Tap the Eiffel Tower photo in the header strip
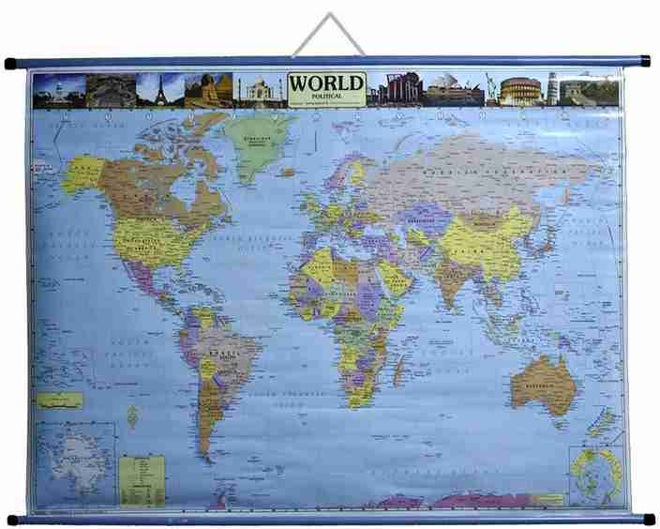click(x=159, y=90)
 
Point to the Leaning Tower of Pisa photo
click(x=552, y=89)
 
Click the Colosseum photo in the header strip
click(x=519, y=91)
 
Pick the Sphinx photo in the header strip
click(x=208, y=91)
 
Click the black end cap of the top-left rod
click(x=11, y=65)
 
